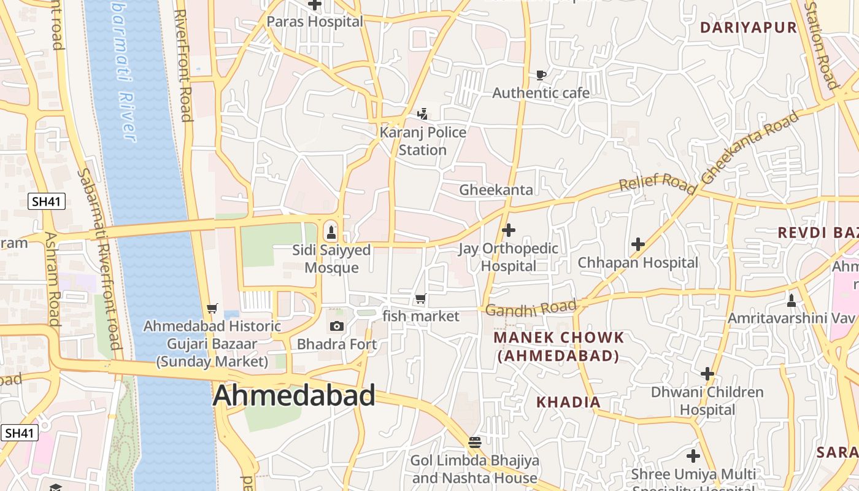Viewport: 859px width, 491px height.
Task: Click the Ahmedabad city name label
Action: (294, 396)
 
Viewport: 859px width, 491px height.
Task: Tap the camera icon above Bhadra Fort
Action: (337, 326)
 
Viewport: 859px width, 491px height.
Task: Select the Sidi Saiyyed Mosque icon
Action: (331, 232)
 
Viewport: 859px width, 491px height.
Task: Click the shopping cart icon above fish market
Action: (420, 299)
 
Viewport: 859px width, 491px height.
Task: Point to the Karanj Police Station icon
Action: (422, 114)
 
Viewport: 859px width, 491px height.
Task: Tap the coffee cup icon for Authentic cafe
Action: (541, 75)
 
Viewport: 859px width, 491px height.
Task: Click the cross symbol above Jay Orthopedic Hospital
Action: (508, 230)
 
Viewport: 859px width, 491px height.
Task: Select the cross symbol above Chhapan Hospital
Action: (638, 244)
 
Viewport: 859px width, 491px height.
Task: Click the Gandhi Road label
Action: (531, 308)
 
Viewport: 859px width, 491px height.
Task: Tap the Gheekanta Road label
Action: (751, 147)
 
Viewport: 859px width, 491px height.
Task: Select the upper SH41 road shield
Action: (47, 201)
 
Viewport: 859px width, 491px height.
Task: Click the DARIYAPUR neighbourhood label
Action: (748, 28)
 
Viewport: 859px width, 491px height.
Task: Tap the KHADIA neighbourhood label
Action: (568, 402)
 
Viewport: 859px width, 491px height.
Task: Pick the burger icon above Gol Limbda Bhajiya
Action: (474, 442)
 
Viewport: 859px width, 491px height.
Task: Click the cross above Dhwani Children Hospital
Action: (707, 373)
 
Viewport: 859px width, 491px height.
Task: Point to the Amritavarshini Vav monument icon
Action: (792, 300)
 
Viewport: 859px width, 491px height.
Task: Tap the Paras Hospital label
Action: (315, 21)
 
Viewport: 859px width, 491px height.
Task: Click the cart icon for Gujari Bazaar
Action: (212, 308)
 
